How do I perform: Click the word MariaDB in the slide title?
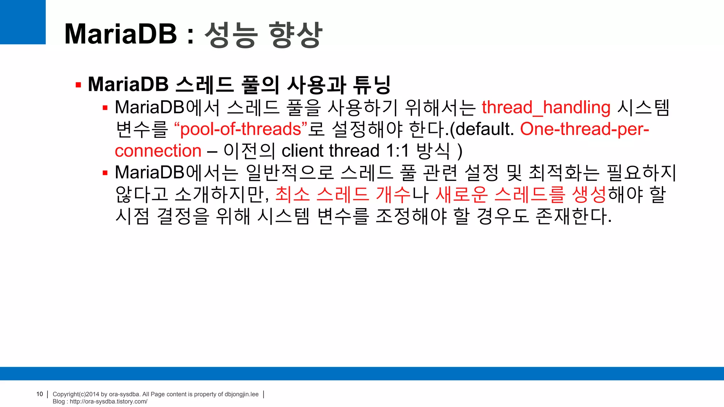click(x=121, y=34)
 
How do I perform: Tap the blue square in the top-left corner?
click(x=23, y=22)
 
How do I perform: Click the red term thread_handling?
click(x=546, y=107)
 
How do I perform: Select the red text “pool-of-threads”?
click(x=240, y=129)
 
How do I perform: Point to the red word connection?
click(x=158, y=151)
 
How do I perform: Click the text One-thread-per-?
click(x=584, y=129)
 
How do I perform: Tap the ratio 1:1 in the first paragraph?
click(x=397, y=151)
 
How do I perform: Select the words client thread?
click(x=330, y=151)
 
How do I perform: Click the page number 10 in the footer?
click(x=40, y=394)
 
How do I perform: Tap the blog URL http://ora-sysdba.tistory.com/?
click(x=109, y=402)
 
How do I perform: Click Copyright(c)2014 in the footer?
click(x=76, y=394)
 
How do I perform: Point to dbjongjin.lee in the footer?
click(x=241, y=394)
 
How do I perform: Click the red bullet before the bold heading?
click(x=78, y=85)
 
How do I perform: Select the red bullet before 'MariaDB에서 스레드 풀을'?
click(x=105, y=108)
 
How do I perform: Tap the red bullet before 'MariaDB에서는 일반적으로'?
click(x=105, y=173)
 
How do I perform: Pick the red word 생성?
click(x=589, y=194)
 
